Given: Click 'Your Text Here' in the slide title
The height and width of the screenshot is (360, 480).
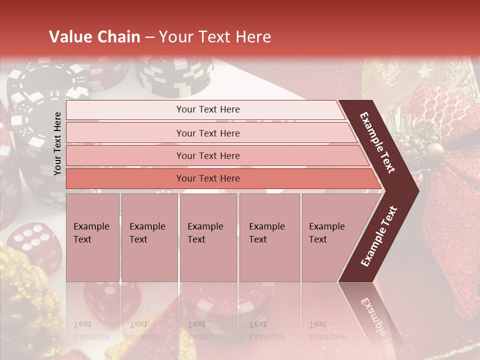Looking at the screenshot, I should click(214, 37).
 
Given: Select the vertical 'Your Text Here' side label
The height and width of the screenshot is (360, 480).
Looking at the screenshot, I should click(57, 143).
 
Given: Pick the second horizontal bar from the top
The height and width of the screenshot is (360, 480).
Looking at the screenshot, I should click(207, 133).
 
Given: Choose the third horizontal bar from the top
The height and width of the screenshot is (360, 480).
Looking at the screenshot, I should click(207, 155).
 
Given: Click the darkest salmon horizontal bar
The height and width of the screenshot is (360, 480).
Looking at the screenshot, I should click(207, 178).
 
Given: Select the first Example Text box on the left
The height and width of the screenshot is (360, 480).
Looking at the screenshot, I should click(92, 237).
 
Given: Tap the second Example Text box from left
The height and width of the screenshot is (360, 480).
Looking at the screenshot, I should click(149, 237).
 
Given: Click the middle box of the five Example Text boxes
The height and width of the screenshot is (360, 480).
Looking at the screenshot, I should click(208, 237).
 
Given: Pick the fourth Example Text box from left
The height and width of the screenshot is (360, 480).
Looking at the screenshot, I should click(269, 237).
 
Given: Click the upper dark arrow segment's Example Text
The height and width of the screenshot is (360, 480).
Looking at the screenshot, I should click(378, 142).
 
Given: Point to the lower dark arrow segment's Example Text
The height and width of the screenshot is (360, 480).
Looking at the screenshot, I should click(379, 236).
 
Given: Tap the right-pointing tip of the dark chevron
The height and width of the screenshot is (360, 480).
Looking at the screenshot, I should click(416, 190).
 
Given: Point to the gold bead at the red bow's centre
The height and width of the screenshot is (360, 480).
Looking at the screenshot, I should click(436, 149).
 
